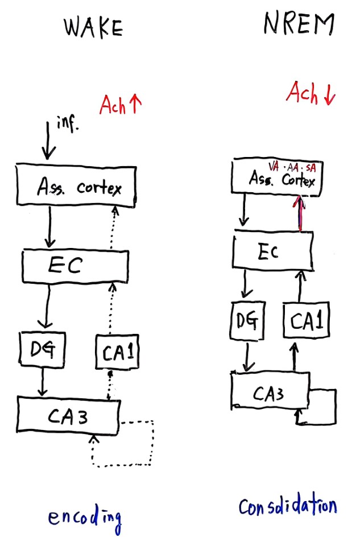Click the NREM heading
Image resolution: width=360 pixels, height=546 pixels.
(299, 24)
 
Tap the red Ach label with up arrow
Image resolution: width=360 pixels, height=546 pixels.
(121, 104)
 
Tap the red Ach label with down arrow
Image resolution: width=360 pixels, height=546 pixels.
(311, 94)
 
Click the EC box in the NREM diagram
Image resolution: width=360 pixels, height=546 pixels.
(272, 252)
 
